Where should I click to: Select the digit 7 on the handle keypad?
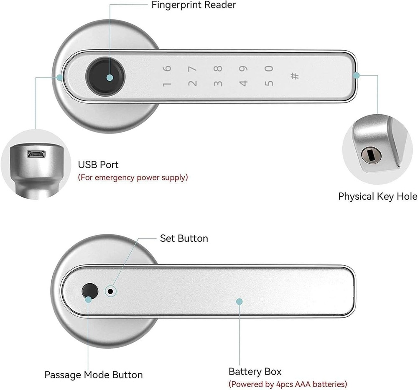(x=192, y=69)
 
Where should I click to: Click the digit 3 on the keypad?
(x=218, y=83)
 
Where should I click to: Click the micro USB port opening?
(x=36, y=154)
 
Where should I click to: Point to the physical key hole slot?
(x=370, y=156)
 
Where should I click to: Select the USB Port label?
(x=98, y=164)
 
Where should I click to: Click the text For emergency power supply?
(x=133, y=177)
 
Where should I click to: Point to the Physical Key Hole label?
(x=377, y=196)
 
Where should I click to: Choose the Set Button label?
(x=184, y=239)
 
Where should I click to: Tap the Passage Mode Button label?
(x=94, y=375)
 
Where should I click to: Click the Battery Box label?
(x=255, y=371)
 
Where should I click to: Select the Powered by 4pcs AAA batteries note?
(x=288, y=384)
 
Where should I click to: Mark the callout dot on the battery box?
(x=239, y=302)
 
